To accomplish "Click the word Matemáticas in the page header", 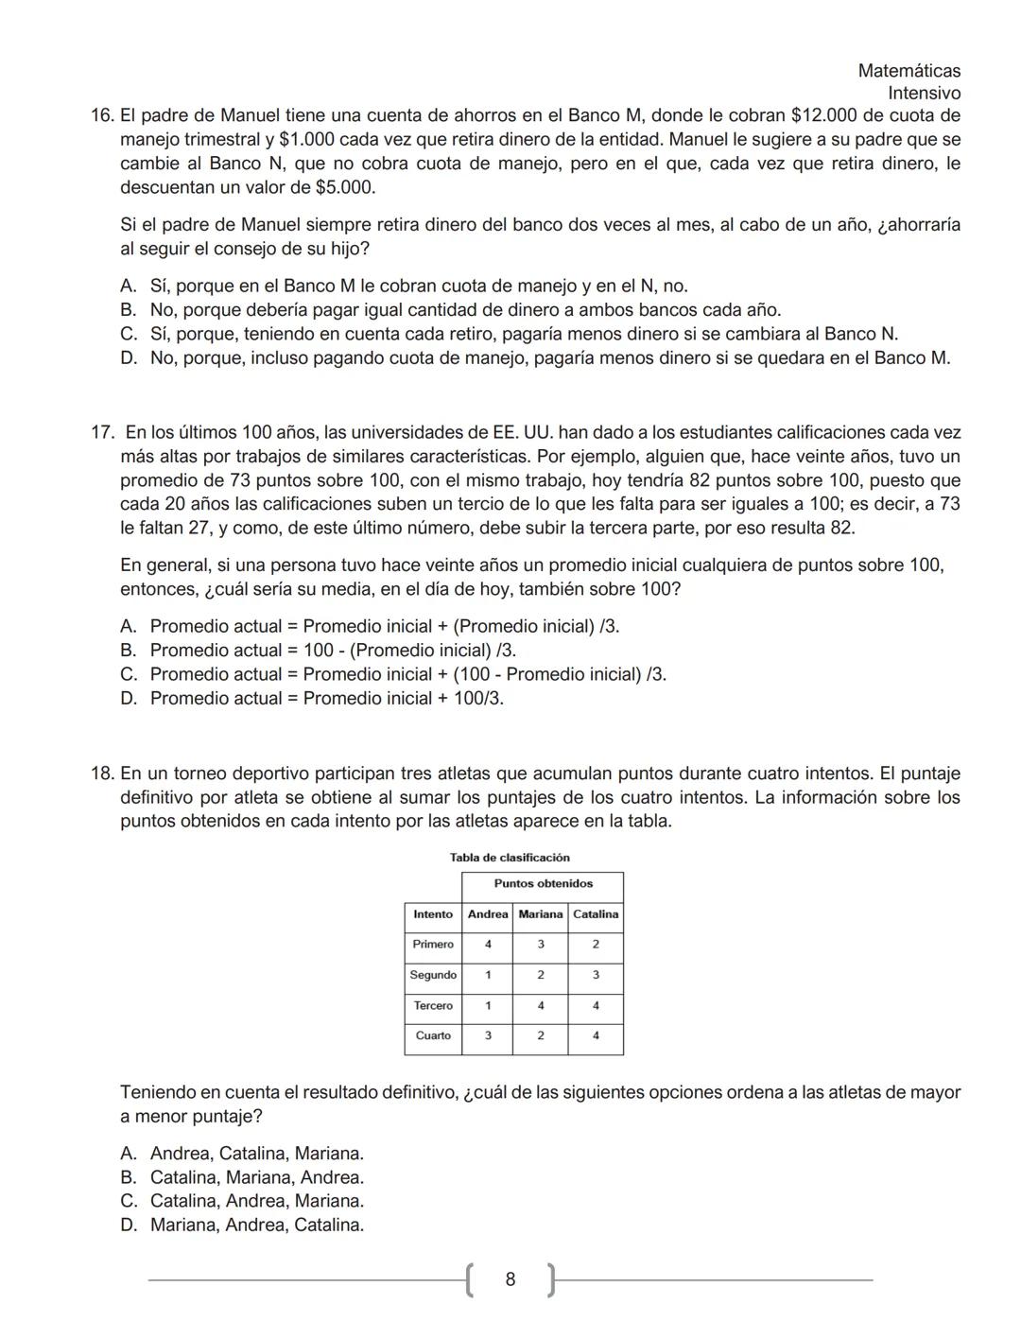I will (909, 71).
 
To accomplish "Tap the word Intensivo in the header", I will (924, 94).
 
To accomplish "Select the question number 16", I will (101, 116).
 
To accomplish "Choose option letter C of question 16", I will (129, 335).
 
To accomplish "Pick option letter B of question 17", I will (129, 651).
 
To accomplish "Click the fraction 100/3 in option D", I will (483, 699).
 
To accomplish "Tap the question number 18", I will (101, 774).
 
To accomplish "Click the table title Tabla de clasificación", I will (510, 858).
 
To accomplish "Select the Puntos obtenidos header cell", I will (543, 884).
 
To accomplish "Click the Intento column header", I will (433, 914).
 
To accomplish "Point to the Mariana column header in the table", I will (540, 914).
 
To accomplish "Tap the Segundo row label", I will (433, 975).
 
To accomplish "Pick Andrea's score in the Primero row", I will (488, 945).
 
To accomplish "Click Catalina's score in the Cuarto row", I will (596, 1036).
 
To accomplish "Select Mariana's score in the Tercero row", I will (540, 1006).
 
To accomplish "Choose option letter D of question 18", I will (129, 1225).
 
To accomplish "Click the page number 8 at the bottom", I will (510, 1280).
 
